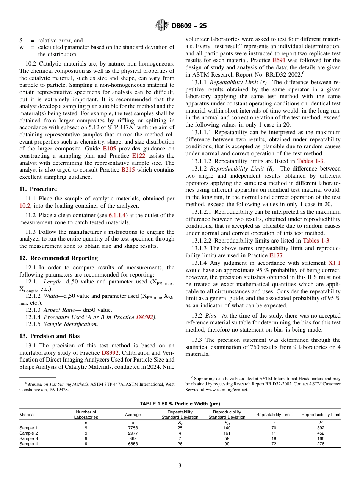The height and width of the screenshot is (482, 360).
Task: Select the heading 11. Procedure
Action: click(x=38, y=189)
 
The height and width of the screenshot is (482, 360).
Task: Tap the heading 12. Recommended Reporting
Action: click(x=58, y=258)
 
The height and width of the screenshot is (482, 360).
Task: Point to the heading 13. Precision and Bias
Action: click(x=49, y=336)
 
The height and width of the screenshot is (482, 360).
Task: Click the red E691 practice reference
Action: click(x=279, y=60)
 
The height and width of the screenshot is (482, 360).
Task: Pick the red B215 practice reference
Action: click(x=128, y=170)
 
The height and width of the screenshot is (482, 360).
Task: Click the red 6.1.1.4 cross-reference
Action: click(x=117, y=215)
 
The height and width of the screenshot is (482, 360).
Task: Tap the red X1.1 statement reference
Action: click(x=334, y=263)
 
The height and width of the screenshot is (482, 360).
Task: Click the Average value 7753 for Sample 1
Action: click(x=133, y=428)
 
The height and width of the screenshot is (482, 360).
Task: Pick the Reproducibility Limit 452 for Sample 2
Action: click(x=321, y=433)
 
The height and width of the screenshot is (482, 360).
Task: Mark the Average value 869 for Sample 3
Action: click(x=133, y=438)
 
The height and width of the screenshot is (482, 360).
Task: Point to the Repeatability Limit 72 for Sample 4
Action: click(x=274, y=444)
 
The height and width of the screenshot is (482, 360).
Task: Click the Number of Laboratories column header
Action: click(x=86, y=415)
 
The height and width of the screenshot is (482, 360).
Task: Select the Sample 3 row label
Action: click(x=29, y=438)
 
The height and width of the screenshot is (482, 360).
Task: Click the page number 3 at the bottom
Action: click(x=180, y=465)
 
